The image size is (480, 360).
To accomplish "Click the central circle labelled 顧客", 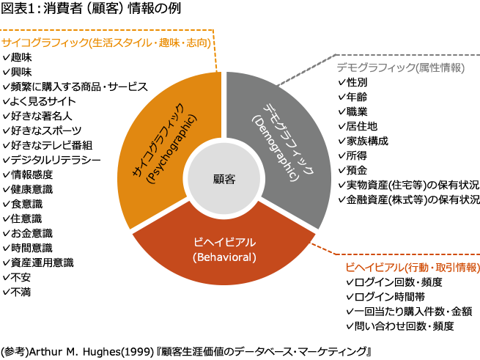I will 224,179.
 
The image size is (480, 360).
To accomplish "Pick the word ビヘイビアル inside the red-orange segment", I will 224,242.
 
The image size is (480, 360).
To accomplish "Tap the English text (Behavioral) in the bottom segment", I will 224,257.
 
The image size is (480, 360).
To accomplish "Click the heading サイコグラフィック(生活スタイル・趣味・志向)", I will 107,43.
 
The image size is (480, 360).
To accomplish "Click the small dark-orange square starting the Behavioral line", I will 333,246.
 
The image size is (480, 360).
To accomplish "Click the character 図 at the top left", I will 6,8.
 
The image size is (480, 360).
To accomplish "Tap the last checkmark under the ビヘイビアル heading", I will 350,324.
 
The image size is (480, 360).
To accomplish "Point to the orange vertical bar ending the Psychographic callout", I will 215,51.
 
